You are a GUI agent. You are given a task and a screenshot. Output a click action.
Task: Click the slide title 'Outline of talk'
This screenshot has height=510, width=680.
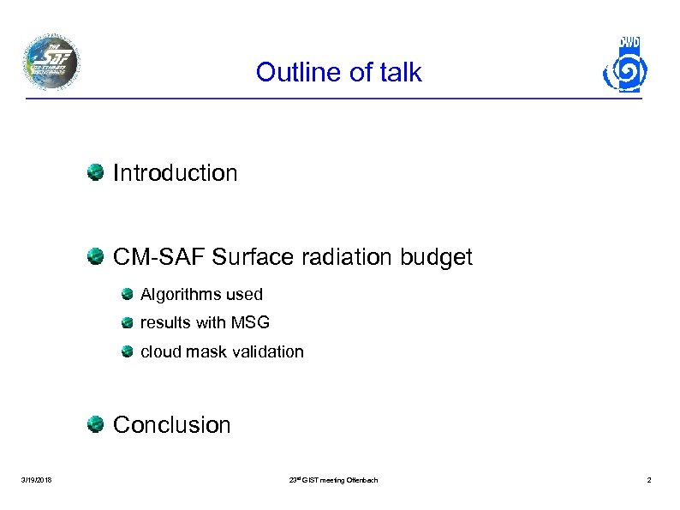point(338,72)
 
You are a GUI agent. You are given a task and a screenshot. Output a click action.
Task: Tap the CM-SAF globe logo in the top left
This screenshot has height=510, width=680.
point(51,63)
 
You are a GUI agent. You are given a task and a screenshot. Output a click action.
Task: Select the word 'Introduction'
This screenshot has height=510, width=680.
point(175,173)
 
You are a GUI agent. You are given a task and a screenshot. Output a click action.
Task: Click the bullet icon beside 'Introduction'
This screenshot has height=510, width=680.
point(95,172)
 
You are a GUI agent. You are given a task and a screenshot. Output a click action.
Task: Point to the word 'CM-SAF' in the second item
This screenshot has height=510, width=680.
point(159,257)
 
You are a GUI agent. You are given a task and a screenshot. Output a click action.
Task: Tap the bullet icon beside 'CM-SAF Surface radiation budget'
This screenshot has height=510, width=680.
point(95,256)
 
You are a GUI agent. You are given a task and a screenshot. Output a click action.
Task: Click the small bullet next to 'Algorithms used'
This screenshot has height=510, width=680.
point(127,295)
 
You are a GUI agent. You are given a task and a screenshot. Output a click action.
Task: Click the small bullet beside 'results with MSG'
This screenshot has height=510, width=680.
point(127,323)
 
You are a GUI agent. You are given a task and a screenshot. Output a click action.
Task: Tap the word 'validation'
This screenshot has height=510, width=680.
point(267,351)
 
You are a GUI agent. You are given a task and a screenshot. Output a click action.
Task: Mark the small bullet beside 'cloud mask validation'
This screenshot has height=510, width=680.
point(127,351)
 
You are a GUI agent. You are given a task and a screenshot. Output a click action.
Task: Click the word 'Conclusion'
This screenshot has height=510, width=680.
point(171,425)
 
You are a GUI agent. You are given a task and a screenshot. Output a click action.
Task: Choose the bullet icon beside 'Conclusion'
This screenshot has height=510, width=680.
point(95,424)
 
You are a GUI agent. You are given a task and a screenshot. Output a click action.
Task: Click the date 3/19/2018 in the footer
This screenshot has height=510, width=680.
point(36,480)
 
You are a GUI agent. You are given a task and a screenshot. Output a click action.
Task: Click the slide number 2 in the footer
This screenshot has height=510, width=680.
point(648,480)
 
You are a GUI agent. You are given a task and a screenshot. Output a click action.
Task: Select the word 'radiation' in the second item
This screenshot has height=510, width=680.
point(335,257)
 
